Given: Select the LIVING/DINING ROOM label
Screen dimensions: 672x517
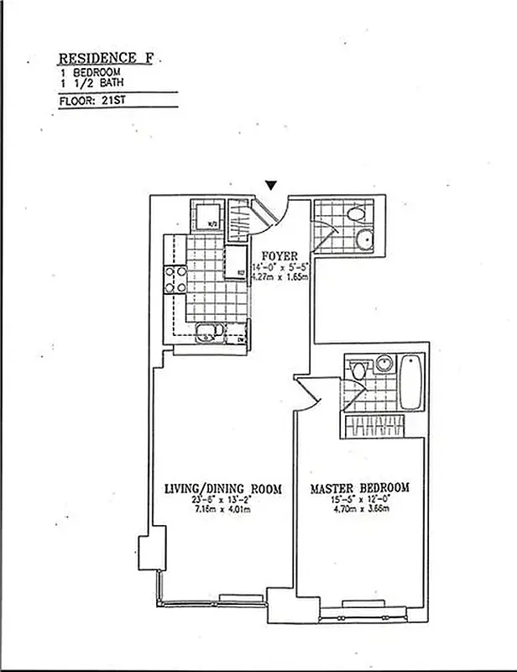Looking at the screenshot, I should point(222,489).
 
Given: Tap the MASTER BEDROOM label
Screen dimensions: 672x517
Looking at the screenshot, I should point(360,488).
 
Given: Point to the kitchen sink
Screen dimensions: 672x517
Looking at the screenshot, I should point(205,333).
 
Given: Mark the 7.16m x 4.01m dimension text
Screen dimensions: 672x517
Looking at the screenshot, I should point(220,510).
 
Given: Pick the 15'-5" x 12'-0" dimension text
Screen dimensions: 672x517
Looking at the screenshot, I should point(360,501).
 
